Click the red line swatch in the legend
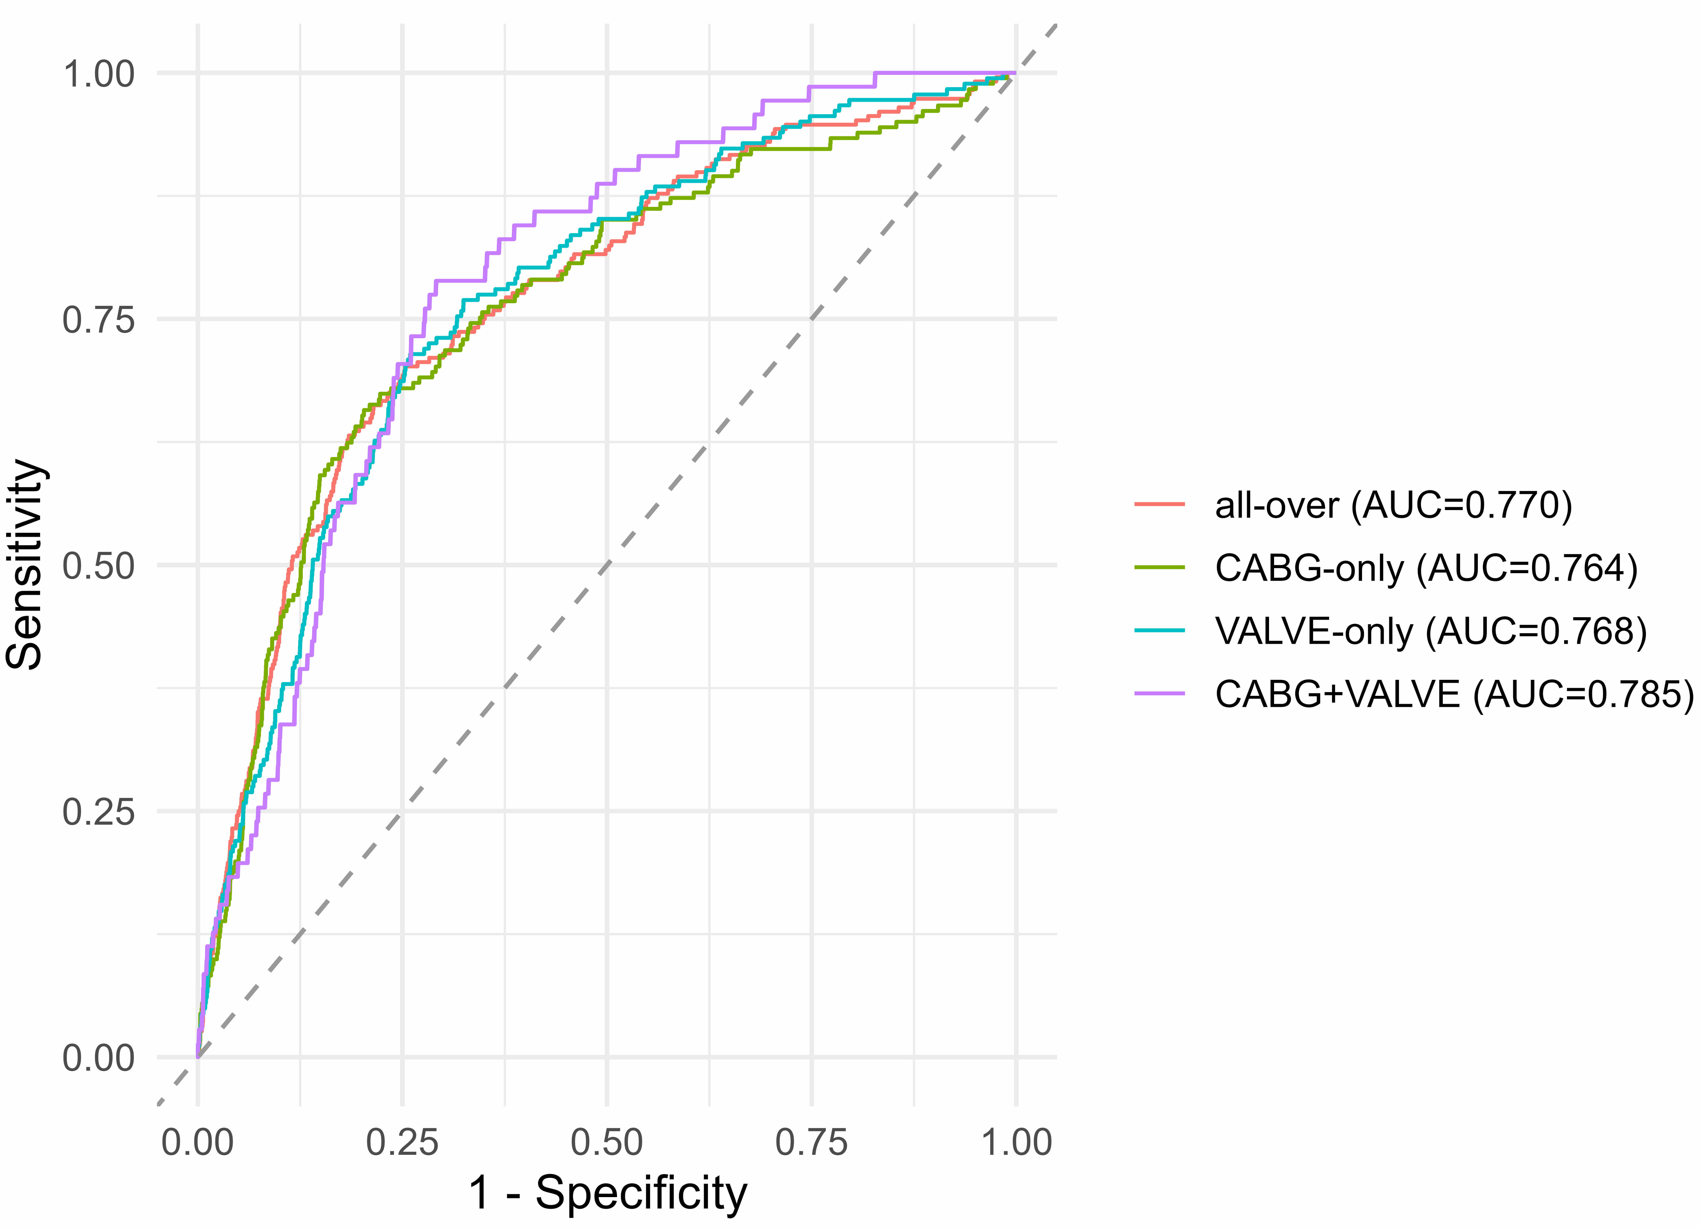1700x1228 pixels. pos(1159,505)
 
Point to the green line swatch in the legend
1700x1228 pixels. pos(1159,567)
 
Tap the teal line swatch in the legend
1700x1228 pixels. pos(1159,631)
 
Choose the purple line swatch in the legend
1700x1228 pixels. pos(1159,693)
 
